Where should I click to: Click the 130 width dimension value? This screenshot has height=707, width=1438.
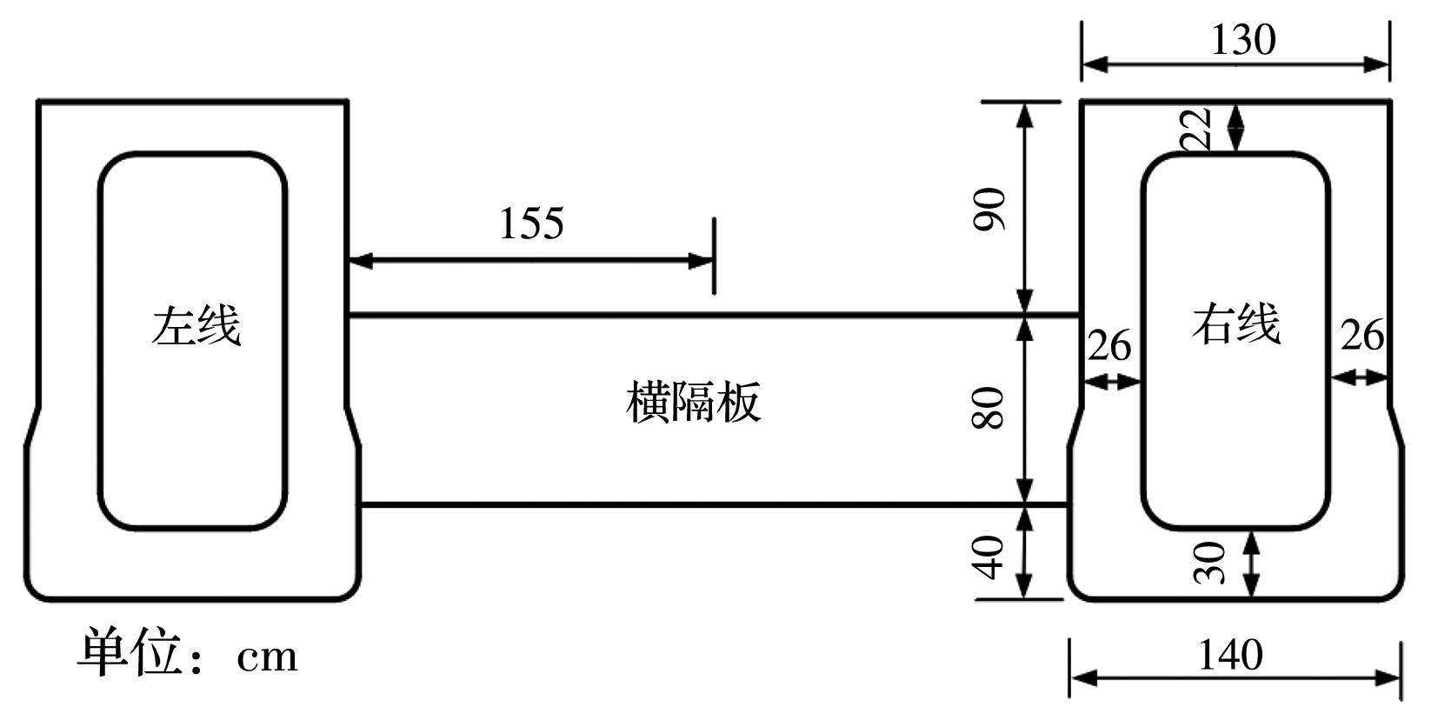click(x=1243, y=40)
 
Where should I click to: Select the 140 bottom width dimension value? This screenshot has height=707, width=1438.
click(x=1230, y=655)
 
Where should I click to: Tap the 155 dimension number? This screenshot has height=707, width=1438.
click(x=531, y=223)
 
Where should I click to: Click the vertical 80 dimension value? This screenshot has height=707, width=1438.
click(x=988, y=409)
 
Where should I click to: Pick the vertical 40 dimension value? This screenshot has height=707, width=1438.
click(x=988, y=557)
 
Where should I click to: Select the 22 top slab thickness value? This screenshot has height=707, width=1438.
click(x=1195, y=129)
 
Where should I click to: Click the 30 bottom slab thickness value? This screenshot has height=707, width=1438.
click(x=1209, y=563)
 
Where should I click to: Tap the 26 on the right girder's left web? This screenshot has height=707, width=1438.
click(x=1109, y=346)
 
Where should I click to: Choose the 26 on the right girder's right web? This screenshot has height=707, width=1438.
click(x=1362, y=335)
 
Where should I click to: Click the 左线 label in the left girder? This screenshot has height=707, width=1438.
click(x=196, y=325)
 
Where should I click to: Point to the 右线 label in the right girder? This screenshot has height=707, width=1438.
click(x=1235, y=324)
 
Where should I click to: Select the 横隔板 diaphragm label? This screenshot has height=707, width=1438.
click(x=693, y=402)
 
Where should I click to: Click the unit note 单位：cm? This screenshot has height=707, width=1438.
click(x=188, y=653)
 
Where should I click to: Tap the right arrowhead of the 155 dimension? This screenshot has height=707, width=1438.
click(x=701, y=261)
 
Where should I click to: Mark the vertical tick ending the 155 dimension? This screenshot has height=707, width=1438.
click(x=715, y=257)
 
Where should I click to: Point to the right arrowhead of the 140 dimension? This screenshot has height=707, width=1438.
click(x=1388, y=677)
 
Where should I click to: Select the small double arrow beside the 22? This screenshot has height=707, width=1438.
click(x=1235, y=128)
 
